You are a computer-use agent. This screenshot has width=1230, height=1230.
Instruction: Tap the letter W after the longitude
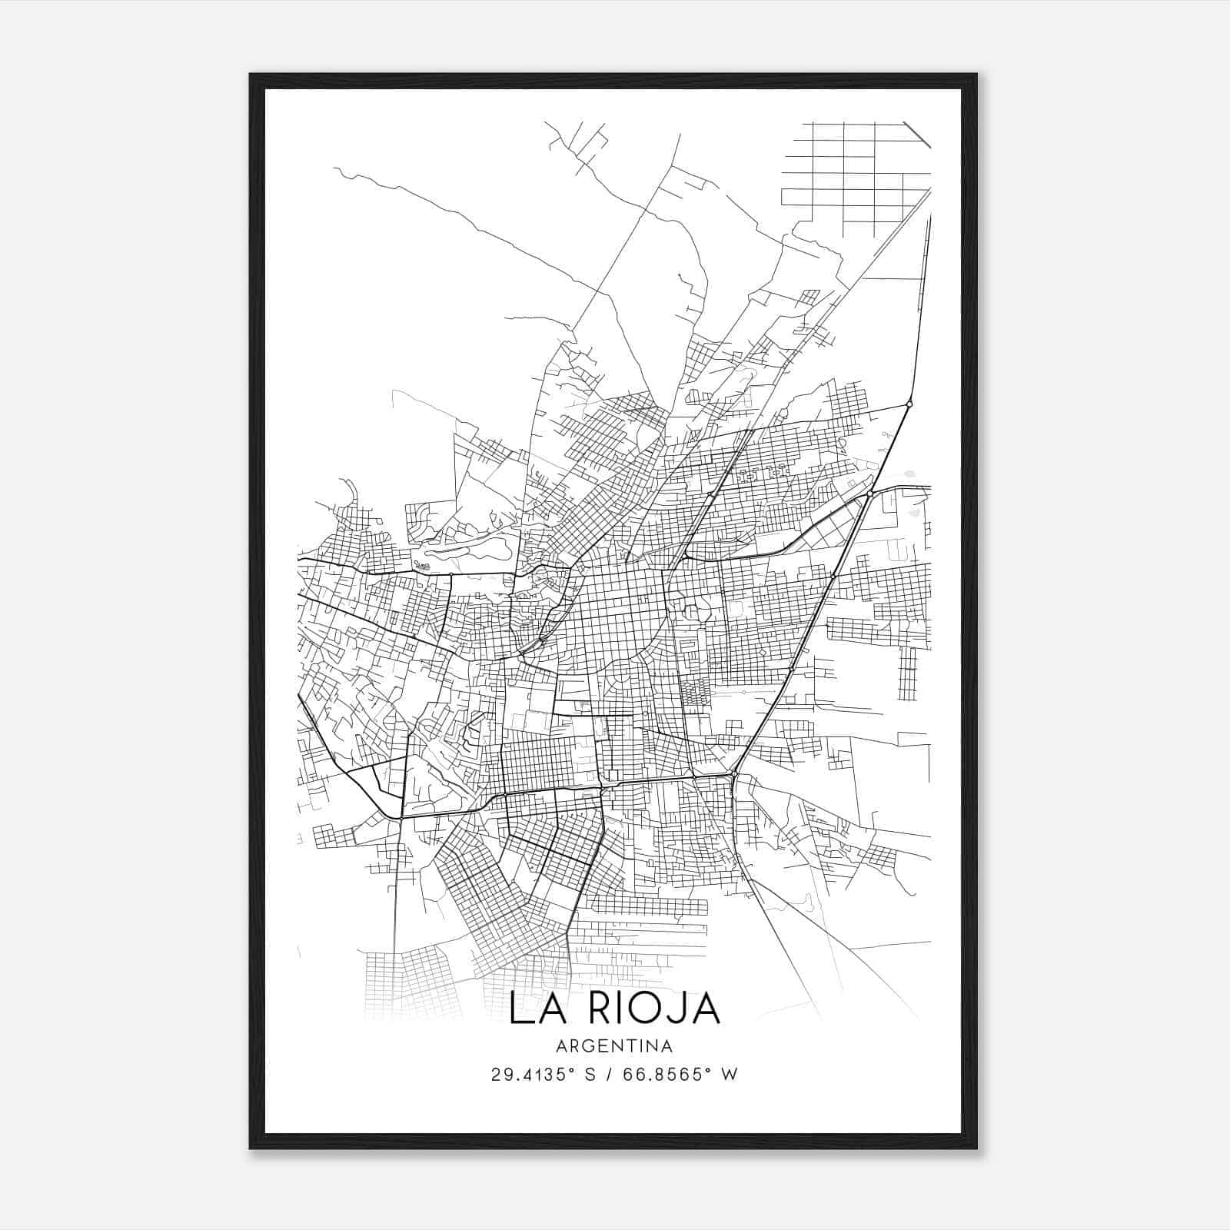point(729,1074)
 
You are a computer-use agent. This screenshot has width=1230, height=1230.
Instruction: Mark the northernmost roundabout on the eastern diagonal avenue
point(909,404)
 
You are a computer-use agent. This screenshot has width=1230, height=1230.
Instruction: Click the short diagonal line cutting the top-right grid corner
point(917,135)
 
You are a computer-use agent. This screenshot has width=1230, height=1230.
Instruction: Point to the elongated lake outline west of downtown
point(469,548)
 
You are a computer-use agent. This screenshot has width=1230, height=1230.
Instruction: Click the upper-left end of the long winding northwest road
point(336,169)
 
